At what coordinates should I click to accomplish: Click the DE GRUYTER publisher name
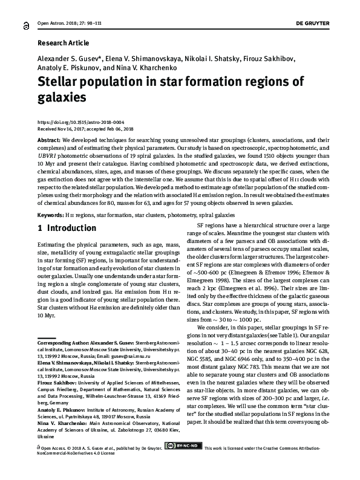[x=326, y=23]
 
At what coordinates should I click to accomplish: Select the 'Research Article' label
[x=63, y=44]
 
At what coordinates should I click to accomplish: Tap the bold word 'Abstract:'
[x=49, y=139]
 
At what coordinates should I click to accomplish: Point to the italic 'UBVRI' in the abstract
[x=50, y=154]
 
